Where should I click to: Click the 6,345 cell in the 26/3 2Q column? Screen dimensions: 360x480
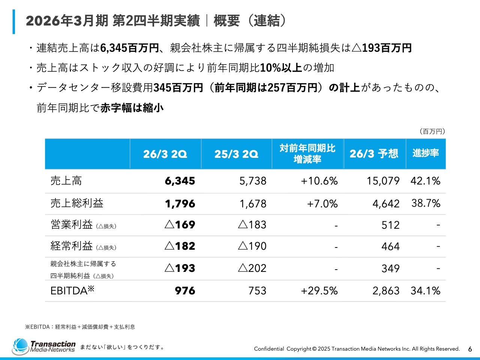180,181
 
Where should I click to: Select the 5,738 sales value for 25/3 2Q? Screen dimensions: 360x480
253,181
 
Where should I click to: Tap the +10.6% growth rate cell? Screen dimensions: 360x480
319,181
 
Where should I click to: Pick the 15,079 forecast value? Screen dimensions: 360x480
383,181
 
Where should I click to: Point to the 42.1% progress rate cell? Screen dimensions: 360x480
425,181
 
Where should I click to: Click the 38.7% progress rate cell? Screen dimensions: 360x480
426,203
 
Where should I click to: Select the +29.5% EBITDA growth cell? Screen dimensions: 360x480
319,291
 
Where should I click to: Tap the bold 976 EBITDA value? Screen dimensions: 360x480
185,291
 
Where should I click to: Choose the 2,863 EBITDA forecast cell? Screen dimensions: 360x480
386,291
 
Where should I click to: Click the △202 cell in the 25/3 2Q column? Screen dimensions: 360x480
252,268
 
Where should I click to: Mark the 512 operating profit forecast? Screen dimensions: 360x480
390,225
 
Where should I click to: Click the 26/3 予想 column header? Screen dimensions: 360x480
374,154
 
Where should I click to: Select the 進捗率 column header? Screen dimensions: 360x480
426,153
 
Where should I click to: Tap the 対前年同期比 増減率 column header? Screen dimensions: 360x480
307,154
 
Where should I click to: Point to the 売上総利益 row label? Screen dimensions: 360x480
77,203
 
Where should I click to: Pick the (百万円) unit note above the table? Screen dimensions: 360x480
432,131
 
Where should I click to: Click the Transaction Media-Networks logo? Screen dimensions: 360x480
44,346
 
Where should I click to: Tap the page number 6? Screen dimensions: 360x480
470,349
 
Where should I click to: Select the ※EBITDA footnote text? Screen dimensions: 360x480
80,327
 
